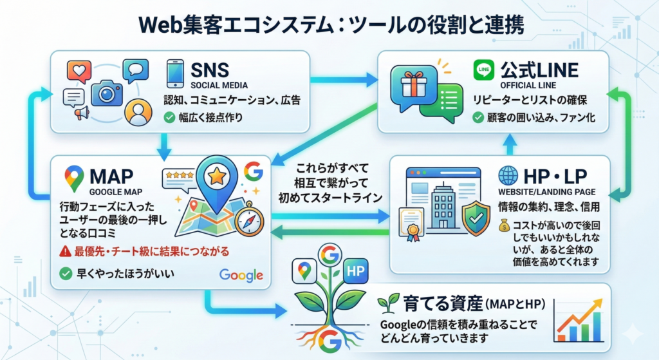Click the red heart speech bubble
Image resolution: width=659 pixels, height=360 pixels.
click(x=79, y=70)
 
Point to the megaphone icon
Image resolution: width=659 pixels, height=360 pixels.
click(x=82, y=115)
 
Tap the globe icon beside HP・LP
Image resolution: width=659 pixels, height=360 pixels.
click(x=508, y=176)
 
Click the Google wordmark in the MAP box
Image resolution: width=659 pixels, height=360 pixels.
click(x=241, y=275)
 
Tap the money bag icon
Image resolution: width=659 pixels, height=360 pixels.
click(x=505, y=225)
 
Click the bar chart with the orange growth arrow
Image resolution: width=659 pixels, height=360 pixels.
click(x=579, y=320)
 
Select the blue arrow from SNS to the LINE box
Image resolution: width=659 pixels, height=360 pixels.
click(x=344, y=81)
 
